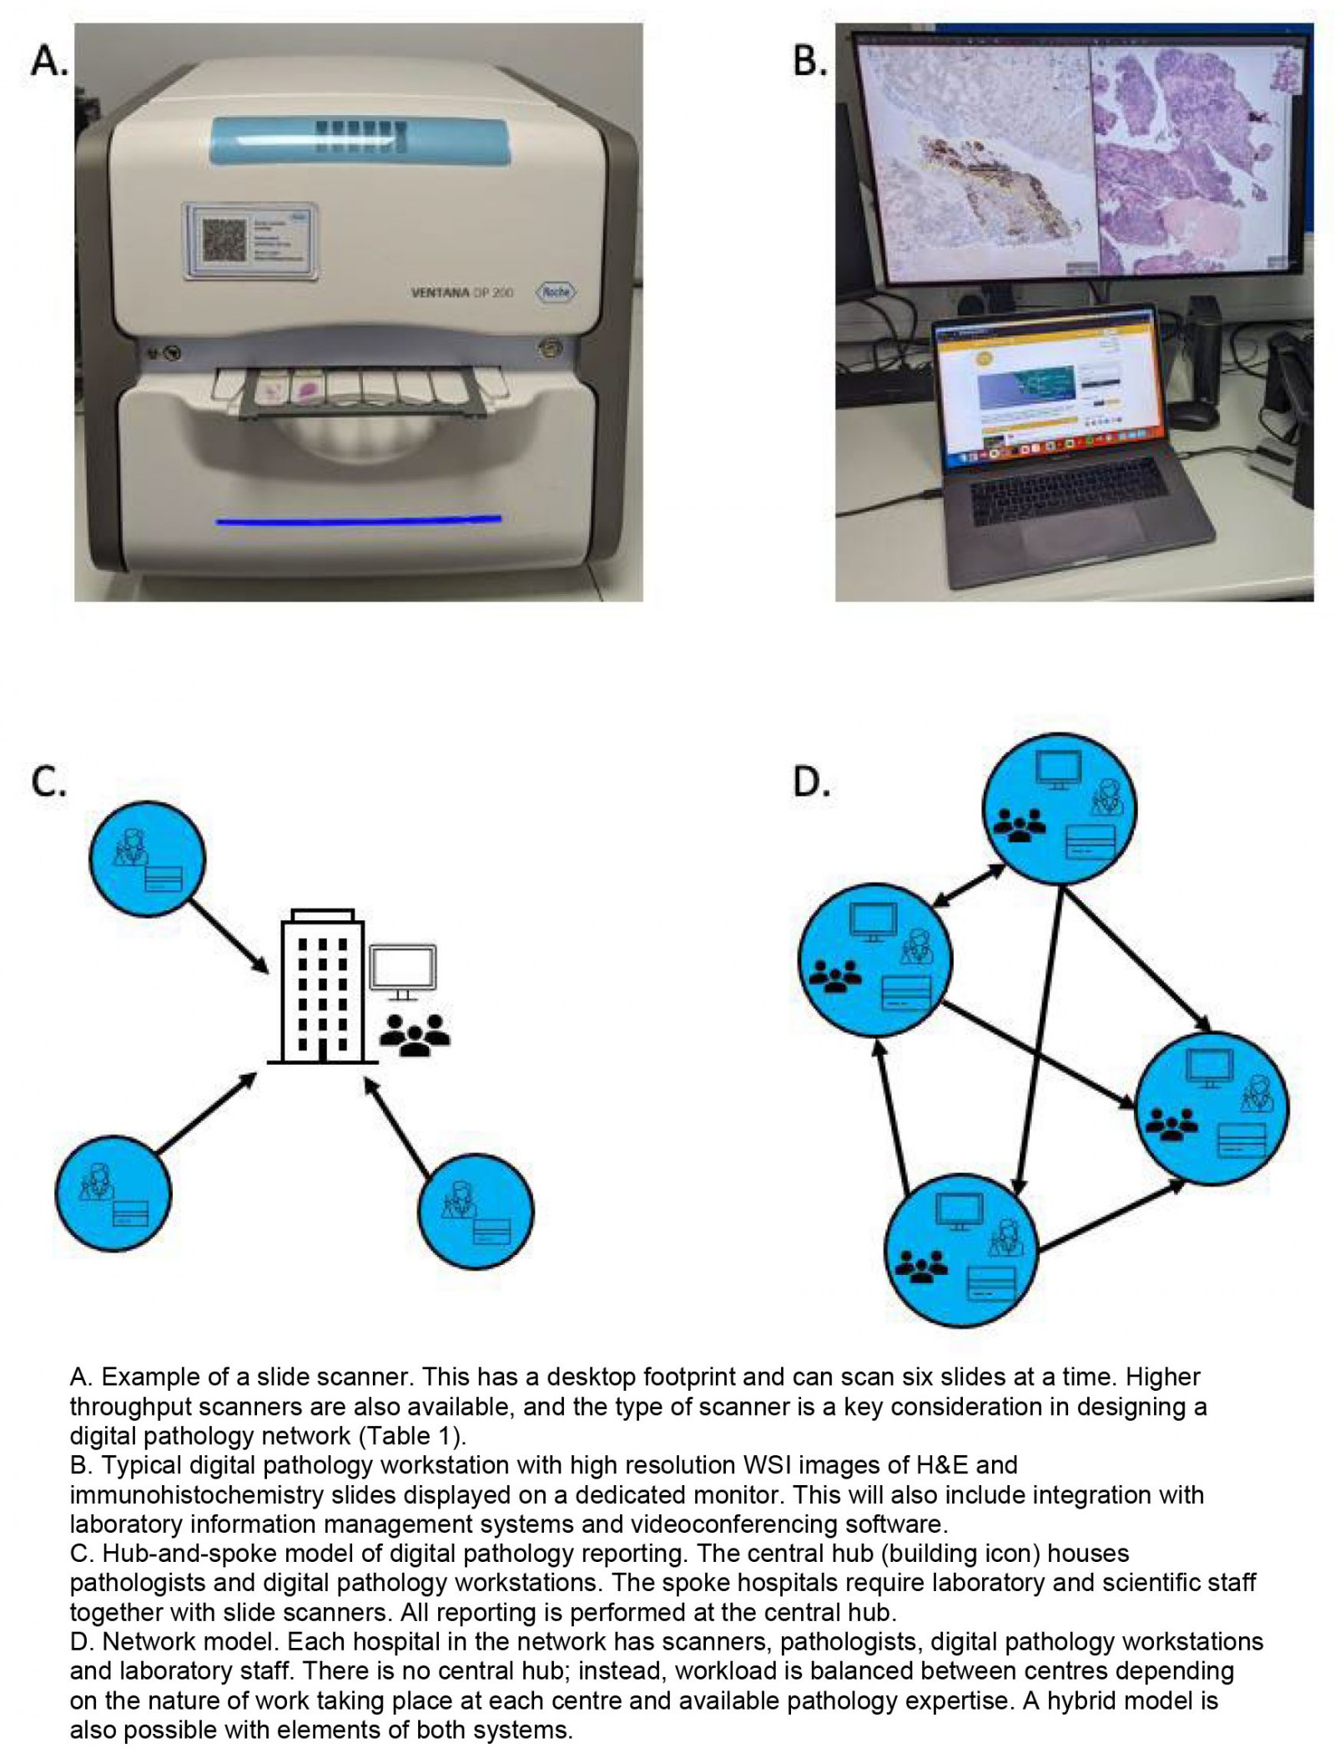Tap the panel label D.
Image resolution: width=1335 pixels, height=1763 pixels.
(x=810, y=783)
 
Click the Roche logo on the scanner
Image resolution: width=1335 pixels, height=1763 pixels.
(x=557, y=292)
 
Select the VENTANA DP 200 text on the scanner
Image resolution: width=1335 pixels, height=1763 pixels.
(x=461, y=294)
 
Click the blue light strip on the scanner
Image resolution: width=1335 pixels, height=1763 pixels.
(x=359, y=520)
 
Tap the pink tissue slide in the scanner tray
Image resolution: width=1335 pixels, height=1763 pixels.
(x=308, y=389)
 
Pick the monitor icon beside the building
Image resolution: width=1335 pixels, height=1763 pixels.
(x=404, y=971)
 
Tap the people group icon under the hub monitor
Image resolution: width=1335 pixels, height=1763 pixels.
(x=415, y=1035)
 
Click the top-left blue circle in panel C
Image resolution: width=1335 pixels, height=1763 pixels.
(x=148, y=859)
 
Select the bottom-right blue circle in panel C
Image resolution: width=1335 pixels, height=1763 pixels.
(x=476, y=1211)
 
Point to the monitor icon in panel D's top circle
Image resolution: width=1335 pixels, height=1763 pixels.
(x=1058, y=768)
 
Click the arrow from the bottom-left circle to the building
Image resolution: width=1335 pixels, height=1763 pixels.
(x=206, y=1115)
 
